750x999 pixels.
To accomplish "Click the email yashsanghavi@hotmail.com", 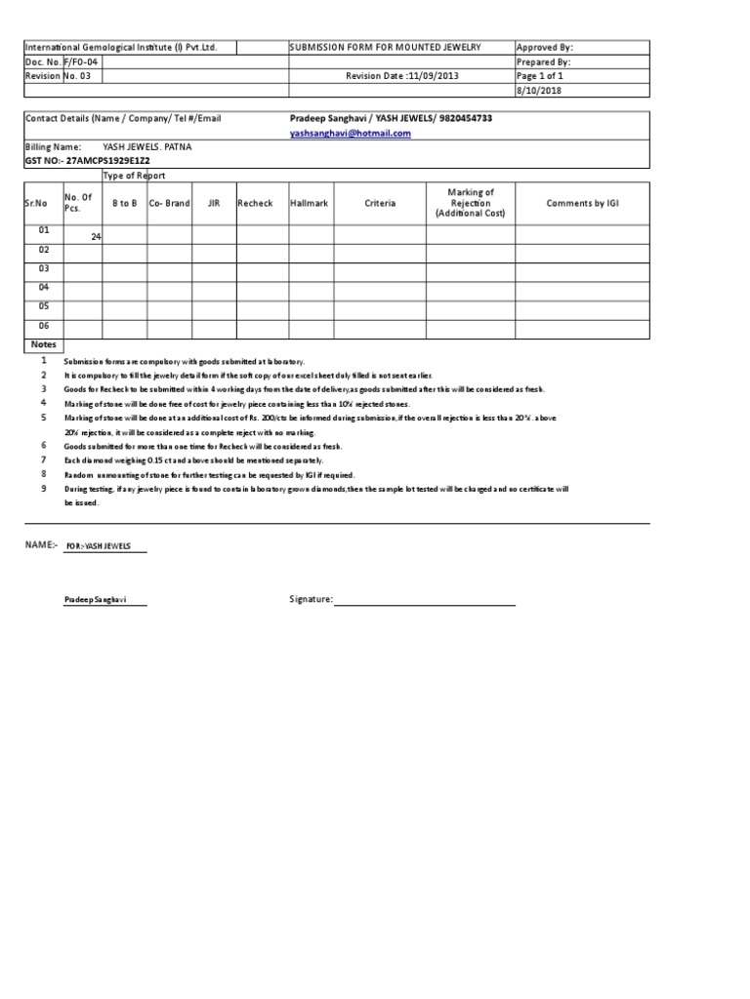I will (350, 134).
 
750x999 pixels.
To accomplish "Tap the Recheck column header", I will (255, 203).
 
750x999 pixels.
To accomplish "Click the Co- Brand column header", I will (169, 203).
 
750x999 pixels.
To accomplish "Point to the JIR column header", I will (213, 203).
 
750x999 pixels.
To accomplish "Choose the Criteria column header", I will (380, 203).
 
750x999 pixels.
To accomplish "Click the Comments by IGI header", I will (582, 203).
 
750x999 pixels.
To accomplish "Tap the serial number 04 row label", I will (43, 287).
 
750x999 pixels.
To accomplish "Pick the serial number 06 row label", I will (43, 326).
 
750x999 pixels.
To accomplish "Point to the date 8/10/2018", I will (536, 91).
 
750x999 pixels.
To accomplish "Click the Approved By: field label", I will (545, 47).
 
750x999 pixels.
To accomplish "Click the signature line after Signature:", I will (425, 601).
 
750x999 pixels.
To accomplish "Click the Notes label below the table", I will (44, 344).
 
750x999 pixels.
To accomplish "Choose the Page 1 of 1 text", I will (540, 76).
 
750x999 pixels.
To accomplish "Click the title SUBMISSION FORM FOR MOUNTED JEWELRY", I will (386, 47).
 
